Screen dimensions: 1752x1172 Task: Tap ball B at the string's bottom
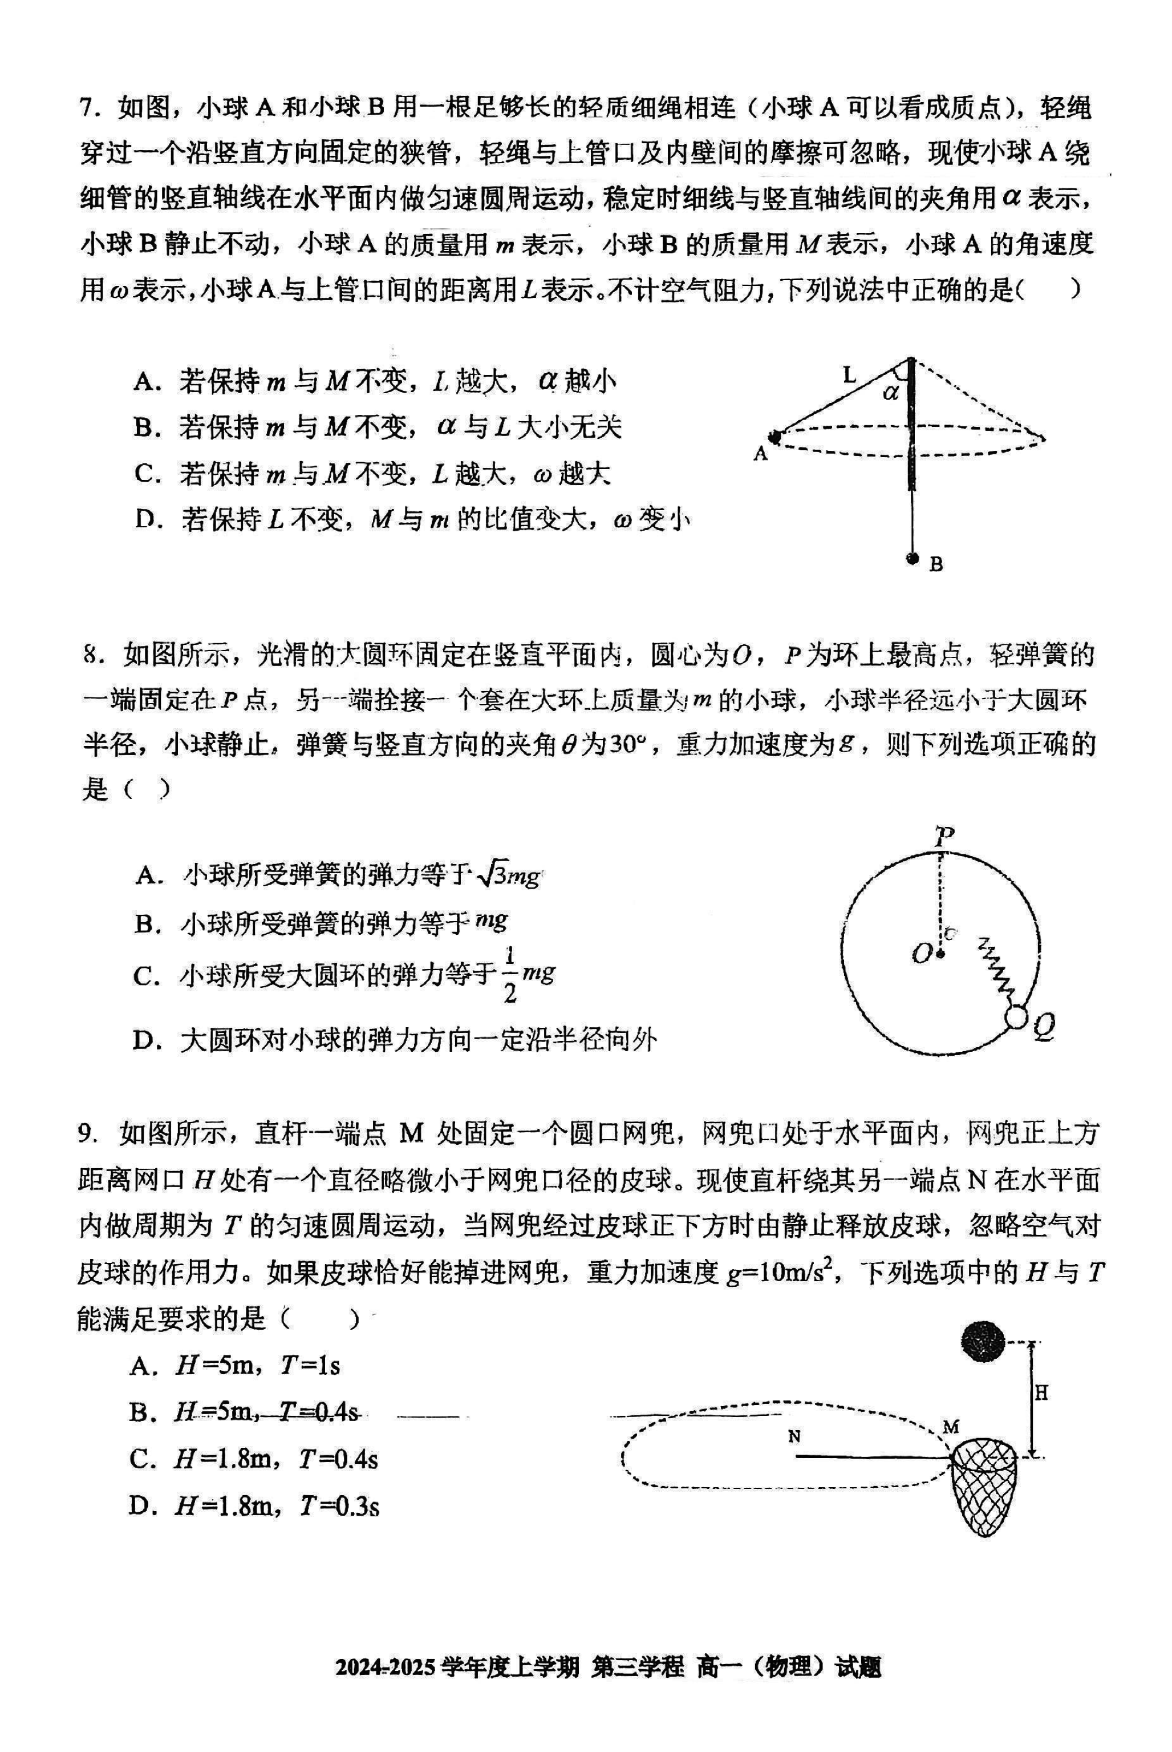(911, 558)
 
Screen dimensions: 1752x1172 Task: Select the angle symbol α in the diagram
(890, 392)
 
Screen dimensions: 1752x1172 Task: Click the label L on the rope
(849, 374)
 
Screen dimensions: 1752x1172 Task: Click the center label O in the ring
(921, 954)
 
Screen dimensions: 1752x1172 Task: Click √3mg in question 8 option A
(508, 875)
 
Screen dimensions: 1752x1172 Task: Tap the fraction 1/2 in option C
(510, 975)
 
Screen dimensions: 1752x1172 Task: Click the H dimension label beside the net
(1040, 1392)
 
